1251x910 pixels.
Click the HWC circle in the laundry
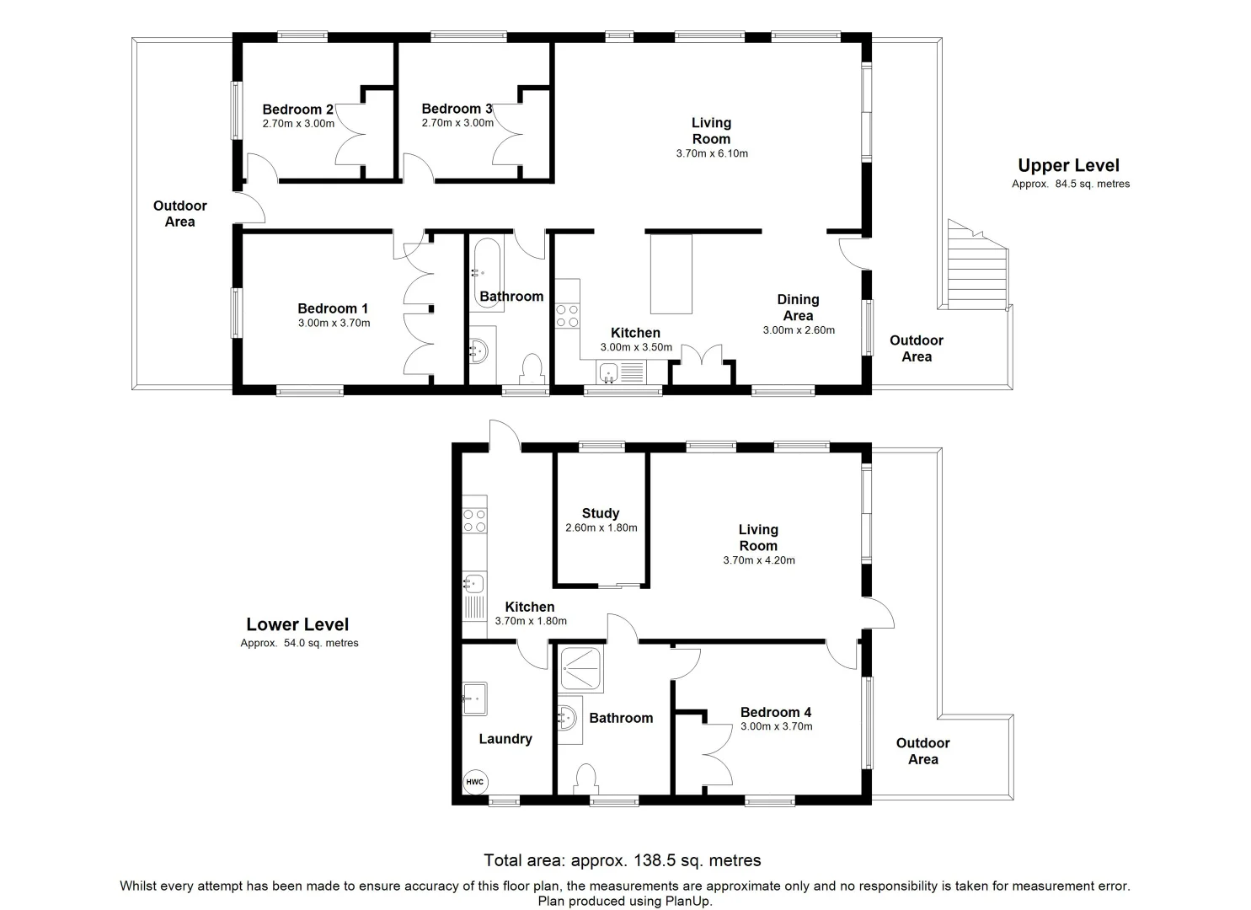point(475,782)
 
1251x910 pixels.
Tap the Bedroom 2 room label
point(297,110)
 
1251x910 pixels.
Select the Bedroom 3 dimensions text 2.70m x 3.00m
point(457,123)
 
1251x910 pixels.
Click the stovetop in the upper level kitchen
point(567,315)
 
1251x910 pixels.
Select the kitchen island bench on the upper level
point(671,274)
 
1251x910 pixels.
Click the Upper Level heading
point(1068,165)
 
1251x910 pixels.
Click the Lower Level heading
point(297,624)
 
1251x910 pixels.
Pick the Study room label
point(601,513)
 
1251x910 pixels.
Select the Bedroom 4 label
point(776,712)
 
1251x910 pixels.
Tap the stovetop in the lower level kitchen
point(475,520)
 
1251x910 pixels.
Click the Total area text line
point(623,860)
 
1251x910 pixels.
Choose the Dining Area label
point(798,308)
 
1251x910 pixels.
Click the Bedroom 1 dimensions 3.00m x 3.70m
point(334,323)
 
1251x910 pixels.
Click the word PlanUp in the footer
point(688,901)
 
